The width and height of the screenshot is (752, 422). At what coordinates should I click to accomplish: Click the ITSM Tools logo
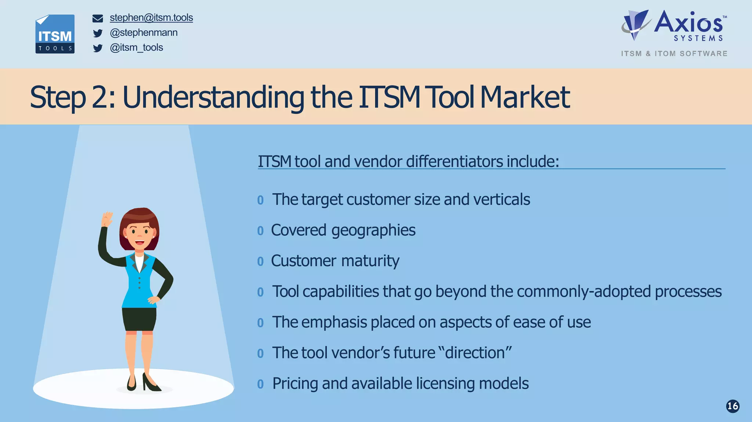55,34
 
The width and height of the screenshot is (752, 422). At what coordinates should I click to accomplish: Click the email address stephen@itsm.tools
151,18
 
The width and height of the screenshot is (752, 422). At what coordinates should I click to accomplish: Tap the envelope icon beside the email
98,18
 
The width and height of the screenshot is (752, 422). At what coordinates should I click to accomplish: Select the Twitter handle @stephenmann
144,33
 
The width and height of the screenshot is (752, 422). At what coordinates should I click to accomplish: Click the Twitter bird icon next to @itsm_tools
98,48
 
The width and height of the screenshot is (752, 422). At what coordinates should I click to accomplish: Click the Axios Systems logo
674,26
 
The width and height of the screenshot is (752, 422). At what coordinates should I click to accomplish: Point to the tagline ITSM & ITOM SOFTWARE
674,54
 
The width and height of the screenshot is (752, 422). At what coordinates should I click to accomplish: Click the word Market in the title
525,97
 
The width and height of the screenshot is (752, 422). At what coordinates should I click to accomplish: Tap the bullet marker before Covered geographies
260,231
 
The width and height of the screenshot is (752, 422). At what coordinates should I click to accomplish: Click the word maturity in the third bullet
370,261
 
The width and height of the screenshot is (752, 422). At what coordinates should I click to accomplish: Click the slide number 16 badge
733,406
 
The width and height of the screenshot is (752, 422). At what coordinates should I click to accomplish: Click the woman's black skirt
139,319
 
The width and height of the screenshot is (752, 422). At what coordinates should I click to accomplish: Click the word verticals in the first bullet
501,200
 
